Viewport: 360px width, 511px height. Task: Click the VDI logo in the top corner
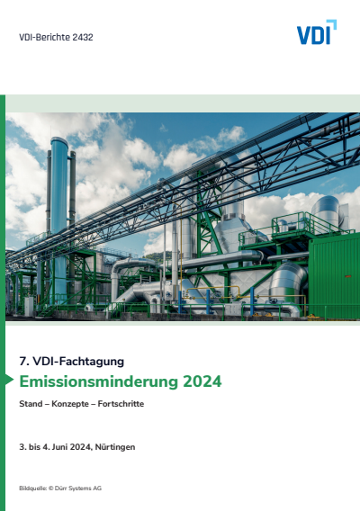(316, 33)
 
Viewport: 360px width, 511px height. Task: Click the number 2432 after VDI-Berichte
(80, 38)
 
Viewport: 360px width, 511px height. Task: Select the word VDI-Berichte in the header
(42, 38)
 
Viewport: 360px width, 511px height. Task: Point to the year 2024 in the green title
(202, 381)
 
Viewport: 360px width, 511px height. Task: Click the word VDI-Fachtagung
(80, 361)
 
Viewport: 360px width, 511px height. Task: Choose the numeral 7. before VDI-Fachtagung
(23, 361)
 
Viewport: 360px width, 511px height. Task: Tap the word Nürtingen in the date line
(115, 447)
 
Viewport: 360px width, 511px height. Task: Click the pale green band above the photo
(180, 103)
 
